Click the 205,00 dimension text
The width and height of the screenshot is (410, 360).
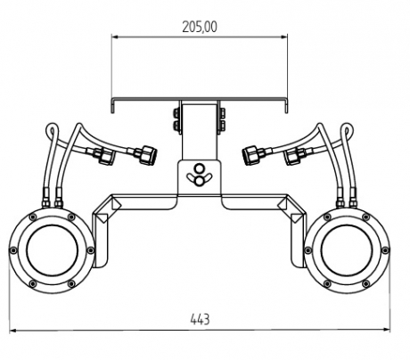click(200, 27)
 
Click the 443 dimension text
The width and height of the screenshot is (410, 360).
click(200, 320)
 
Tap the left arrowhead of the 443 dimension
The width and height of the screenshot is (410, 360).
click(13, 330)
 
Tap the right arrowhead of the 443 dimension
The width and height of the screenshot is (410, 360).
click(387, 330)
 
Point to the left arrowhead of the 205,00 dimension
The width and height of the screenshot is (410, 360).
click(115, 37)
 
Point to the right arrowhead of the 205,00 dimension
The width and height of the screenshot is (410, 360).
click(284, 37)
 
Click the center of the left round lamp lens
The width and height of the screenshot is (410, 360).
click(53, 250)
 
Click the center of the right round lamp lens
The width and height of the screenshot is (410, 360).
click(347, 250)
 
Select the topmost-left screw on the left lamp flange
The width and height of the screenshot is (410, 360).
click(33, 217)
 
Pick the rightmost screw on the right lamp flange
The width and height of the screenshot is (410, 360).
click(385, 250)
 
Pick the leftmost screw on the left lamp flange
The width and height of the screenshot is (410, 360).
click(13, 250)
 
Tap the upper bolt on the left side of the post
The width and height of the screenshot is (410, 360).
click(176, 112)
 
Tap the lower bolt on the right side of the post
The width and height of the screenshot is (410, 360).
click(222, 125)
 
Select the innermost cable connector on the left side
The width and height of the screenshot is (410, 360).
click(146, 154)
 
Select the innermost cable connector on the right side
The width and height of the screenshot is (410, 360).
click(253, 154)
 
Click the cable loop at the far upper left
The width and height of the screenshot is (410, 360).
click(52, 131)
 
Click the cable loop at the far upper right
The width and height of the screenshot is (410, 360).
click(347, 131)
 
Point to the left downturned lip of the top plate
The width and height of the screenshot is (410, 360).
click(113, 106)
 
